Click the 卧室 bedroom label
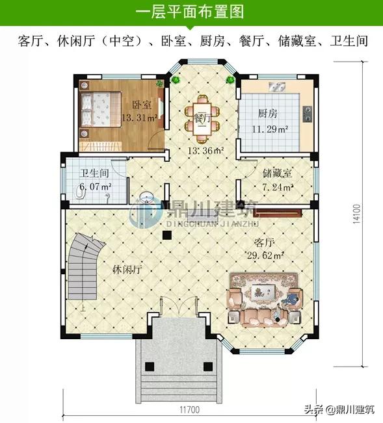[x=142, y=105]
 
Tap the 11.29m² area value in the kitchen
[x=270, y=129]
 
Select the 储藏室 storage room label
[x=277, y=173]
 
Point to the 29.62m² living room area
[x=265, y=255]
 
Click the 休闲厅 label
[x=127, y=269]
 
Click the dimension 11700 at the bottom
[x=190, y=410]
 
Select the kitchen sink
[x=276, y=87]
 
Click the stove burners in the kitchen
[x=308, y=114]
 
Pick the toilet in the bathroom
[x=79, y=192]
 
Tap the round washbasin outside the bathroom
[x=146, y=197]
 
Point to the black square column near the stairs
[x=167, y=235]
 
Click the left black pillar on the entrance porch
[x=150, y=366]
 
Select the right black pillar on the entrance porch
[x=208, y=366]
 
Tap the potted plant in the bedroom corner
[x=160, y=84]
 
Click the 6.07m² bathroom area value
[x=96, y=186]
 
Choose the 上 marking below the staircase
[x=83, y=308]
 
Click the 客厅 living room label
[x=264, y=243]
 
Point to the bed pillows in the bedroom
[x=86, y=110]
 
